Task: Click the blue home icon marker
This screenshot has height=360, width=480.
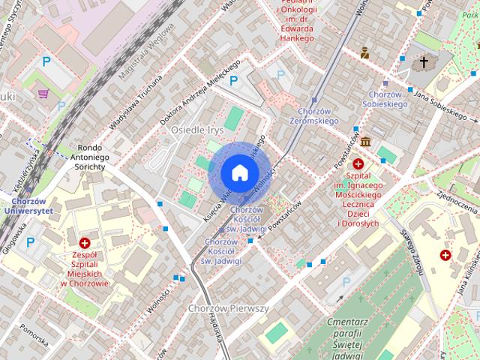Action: coord(239,172)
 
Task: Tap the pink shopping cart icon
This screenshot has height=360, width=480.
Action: coord(44,94)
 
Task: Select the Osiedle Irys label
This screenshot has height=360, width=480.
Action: coord(177,130)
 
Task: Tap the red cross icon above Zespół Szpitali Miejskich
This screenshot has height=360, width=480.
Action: coord(85,244)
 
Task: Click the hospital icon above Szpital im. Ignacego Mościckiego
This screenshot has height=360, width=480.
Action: coord(358,164)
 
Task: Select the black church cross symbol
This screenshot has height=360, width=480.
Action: coord(424,62)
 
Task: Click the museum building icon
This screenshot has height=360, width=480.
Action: coord(365,142)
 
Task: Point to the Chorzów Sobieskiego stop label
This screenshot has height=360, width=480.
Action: coord(388,100)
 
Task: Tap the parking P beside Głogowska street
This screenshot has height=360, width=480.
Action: coord(31,242)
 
